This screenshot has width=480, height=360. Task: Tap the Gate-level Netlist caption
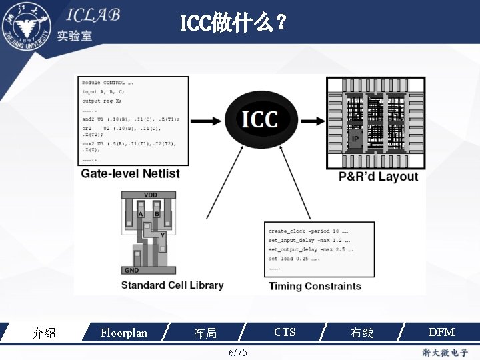click(131, 174)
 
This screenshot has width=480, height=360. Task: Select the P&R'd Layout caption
click(378, 177)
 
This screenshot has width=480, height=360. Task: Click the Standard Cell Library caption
click(172, 285)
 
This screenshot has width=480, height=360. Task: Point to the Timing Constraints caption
click(315, 286)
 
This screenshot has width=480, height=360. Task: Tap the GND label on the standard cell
click(131, 270)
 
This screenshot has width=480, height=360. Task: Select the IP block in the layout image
click(355, 139)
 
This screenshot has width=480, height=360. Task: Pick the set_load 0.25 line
click(294, 259)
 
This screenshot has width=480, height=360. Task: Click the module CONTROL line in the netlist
click(107, 83)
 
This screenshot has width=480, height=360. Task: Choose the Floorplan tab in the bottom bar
click(123, 332)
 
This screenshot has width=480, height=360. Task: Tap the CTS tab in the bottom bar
click(285, 332)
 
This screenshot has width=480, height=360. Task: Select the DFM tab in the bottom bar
click(441, 332)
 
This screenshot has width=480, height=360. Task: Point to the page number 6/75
click(237, 352)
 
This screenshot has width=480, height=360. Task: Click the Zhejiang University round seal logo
click(27, 27)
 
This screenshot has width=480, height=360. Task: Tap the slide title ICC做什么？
click(234, 25)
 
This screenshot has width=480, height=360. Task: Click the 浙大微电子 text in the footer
click(445, 352)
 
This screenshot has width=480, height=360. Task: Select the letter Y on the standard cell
click(162, 235)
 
